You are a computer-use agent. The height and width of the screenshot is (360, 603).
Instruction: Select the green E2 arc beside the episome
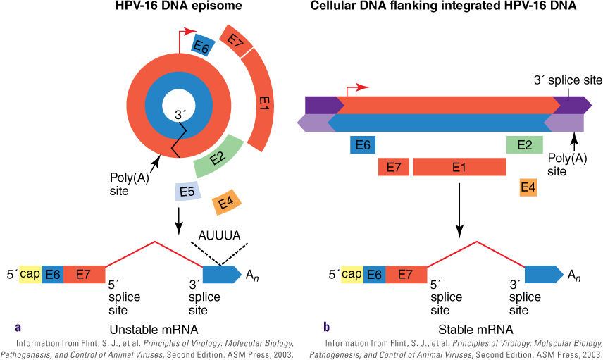tap(218, 156)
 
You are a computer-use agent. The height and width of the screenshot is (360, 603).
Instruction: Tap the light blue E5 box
tap(187, 191)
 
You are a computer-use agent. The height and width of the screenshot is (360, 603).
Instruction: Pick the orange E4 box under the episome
tap(227, 202)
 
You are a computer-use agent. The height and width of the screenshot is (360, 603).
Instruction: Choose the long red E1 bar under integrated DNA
tap(459, 167)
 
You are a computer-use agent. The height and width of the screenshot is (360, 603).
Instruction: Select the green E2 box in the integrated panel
tap(525, 145)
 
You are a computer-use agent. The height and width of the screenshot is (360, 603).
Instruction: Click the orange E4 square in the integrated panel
tap(528, 187)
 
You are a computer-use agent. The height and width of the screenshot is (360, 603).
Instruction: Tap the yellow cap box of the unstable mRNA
tap(30, 274)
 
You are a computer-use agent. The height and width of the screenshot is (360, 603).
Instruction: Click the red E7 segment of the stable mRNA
tap(406, 274)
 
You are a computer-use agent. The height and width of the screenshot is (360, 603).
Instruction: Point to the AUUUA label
tap(220, 235)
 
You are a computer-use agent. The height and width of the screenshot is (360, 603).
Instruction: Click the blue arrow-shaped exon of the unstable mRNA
tap(220, 274)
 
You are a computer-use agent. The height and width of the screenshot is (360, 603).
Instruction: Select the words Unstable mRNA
tap(154, 330)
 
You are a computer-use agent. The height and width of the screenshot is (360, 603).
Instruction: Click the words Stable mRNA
tap(475, 330)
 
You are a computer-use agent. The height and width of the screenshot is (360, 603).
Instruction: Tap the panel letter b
tap(326, 328)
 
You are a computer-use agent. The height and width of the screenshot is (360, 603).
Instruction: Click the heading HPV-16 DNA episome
tap(179, 6)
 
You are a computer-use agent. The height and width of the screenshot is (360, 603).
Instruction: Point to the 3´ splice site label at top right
tap(568, 80)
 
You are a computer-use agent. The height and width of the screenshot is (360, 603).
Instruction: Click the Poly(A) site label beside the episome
tap(129, 185)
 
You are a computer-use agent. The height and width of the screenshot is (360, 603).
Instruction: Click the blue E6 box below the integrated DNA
tap(363, 145)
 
